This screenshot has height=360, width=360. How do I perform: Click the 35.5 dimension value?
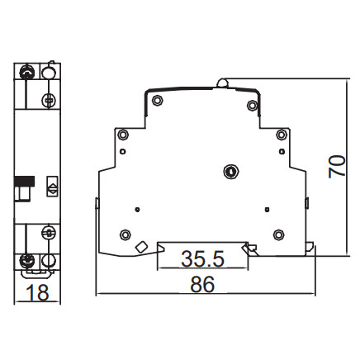[202, 258]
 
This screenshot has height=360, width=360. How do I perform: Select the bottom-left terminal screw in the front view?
[27, 263]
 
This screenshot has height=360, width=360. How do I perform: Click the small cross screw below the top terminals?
[50, 101]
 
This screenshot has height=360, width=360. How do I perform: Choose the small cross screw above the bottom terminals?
[50, 235]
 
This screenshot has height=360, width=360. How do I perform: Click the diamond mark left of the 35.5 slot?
[141, 247]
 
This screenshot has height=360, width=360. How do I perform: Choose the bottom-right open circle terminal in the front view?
[50, 263]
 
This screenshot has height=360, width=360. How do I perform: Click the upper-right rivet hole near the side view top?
[252, 105]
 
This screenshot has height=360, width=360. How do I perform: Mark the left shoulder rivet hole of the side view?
[124, 135]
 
